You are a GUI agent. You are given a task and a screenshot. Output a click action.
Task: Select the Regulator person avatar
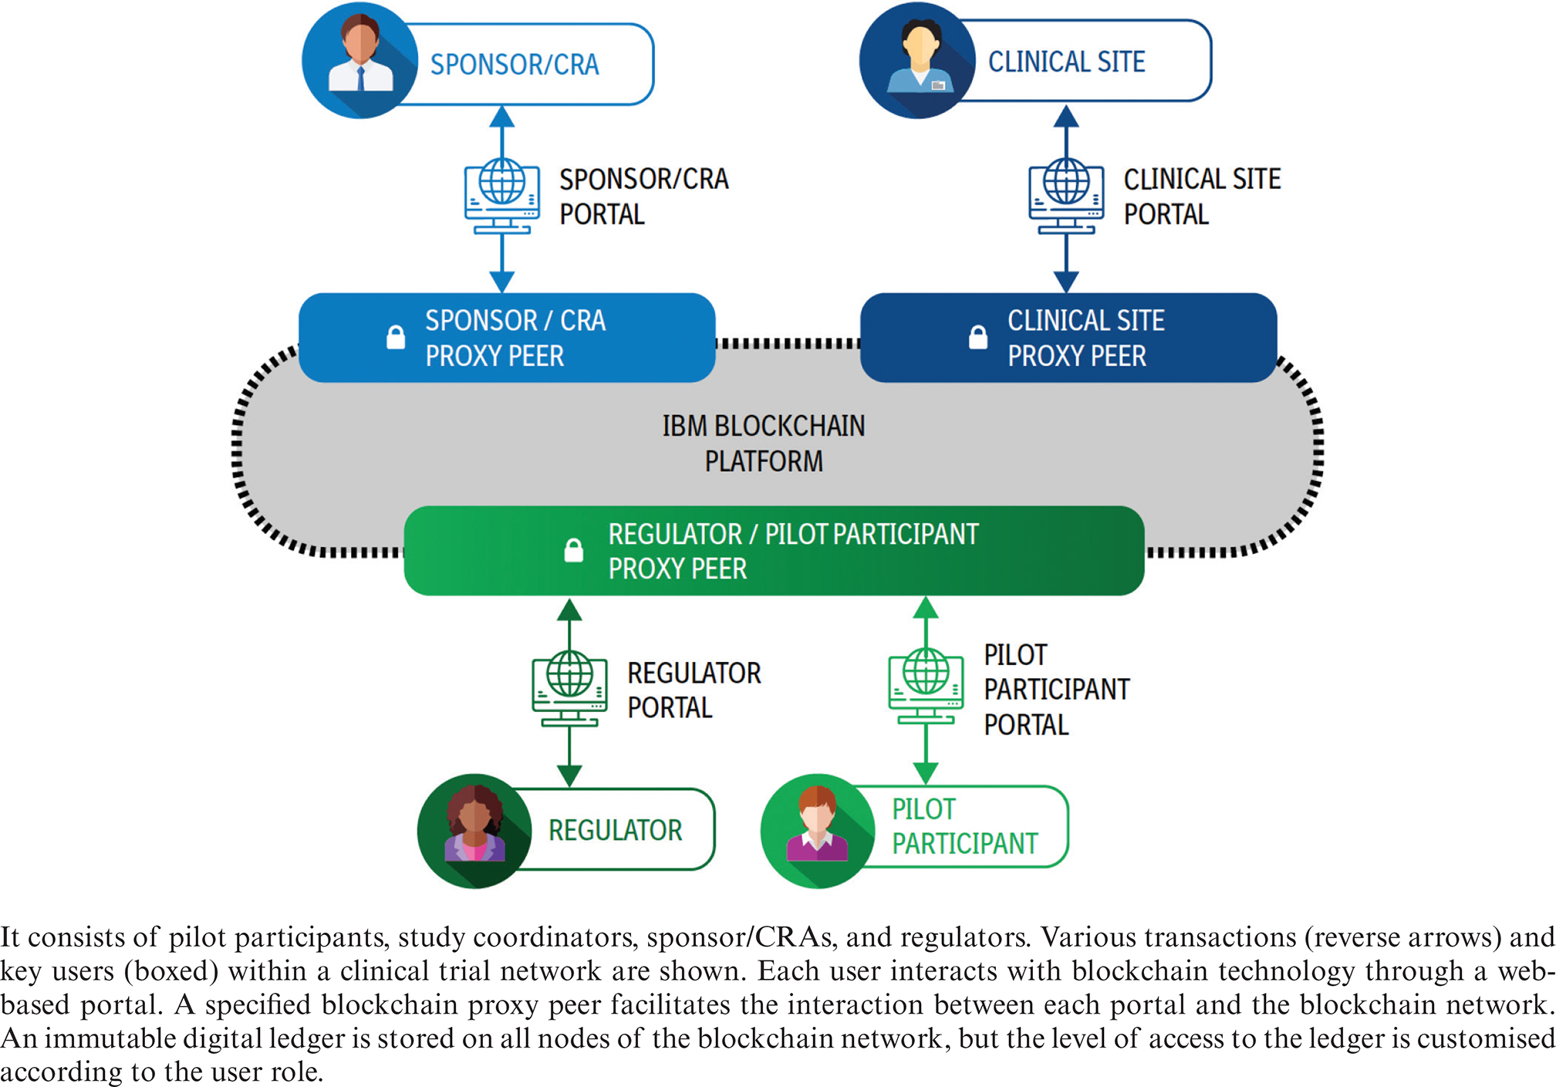click(474, 831)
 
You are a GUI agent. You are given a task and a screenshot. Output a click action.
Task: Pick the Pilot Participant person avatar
click(817, 831)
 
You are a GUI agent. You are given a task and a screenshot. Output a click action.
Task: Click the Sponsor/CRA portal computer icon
click(502, 197)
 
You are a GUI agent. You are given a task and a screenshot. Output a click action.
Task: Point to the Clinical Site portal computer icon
click(1066, 197)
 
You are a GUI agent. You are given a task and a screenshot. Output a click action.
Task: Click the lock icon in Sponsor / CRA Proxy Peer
click(396, 337)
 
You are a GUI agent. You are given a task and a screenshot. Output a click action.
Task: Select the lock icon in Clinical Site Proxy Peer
click(978, 337)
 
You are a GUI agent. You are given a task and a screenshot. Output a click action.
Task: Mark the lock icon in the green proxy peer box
click(573, 550)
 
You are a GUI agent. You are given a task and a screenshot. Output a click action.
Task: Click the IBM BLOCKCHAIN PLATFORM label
click(764, 444)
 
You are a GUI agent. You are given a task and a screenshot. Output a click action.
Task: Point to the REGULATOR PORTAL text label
click(694, 690)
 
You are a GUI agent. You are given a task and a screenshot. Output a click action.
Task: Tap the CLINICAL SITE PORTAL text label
click(1201, 197)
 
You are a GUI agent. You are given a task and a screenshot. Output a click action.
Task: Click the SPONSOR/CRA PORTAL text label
click(643, 197)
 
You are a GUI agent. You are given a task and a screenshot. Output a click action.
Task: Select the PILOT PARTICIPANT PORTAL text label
click(1056, 690)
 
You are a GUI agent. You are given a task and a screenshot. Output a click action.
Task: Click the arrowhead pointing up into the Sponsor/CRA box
click(502, 116)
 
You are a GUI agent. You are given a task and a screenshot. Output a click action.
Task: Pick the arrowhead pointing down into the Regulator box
click(569, 776)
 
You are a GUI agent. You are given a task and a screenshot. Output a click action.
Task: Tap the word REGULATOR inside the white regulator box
click(615, 831)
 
